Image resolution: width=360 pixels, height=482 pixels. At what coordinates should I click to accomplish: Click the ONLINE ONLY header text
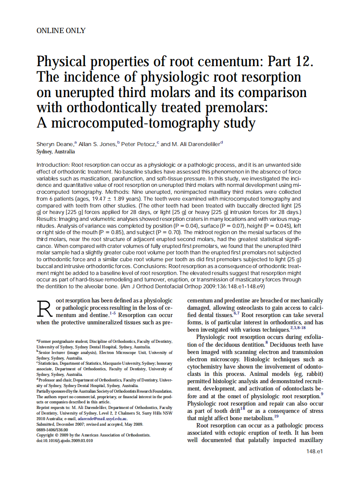click(x=61, y=31)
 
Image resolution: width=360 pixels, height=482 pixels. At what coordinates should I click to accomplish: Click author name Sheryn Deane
click(x=55, y=144)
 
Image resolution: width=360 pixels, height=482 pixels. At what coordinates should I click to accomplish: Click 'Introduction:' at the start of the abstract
click(x=53, y=165)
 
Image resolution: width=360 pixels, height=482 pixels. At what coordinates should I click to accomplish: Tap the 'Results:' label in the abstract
click(x=48, y=219)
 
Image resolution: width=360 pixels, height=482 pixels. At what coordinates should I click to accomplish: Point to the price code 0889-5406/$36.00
click(x=52, y=430)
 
